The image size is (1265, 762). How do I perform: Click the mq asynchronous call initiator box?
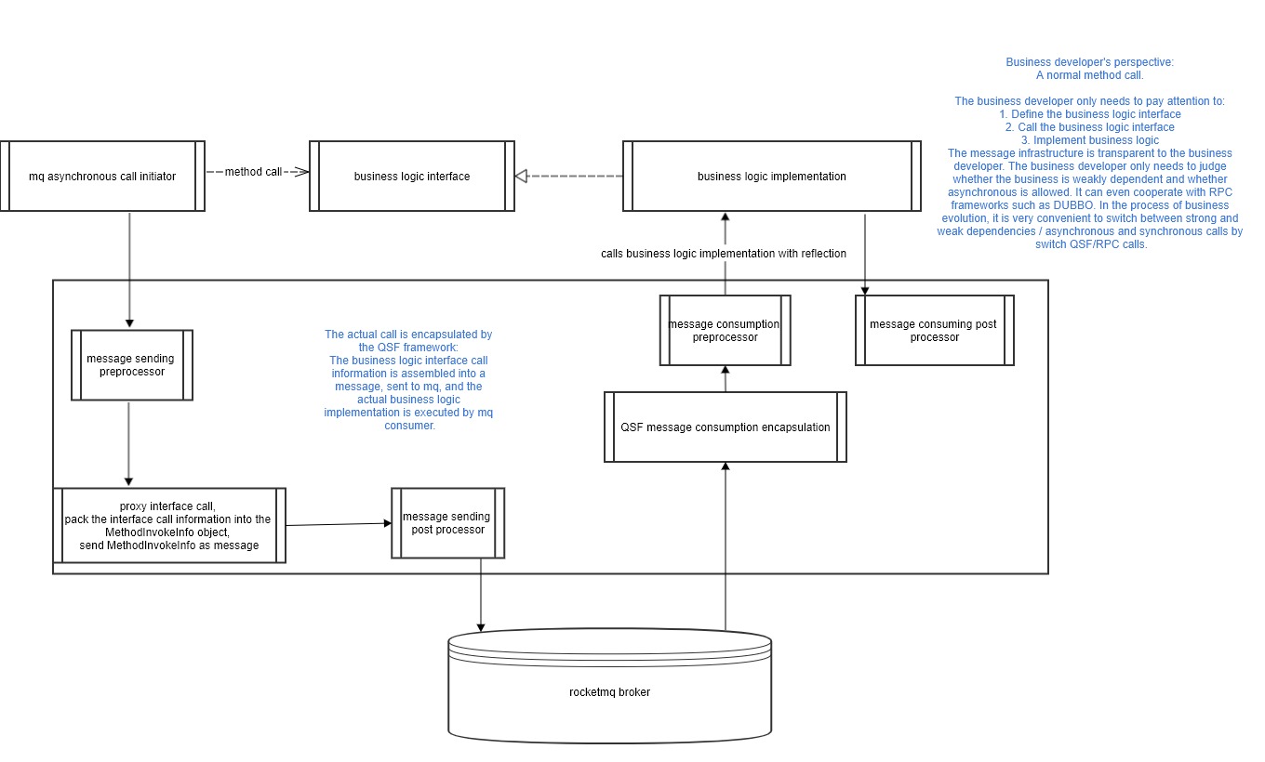coord(102,177)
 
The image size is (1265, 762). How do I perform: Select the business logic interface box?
coord(412,177)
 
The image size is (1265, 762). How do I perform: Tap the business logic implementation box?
coord(771,177)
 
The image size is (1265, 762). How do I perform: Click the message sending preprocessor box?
coord(131,365)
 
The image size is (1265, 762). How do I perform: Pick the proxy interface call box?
coord(168,526)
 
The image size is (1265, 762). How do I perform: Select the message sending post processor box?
coord(447,523)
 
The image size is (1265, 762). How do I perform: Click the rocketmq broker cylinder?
coord(609,691)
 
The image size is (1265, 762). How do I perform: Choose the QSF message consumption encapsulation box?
coord(725,427)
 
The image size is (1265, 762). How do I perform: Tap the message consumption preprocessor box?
coord(725,330)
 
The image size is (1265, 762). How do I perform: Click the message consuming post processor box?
coord(934,331)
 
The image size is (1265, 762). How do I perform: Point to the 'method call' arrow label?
coord(252,172)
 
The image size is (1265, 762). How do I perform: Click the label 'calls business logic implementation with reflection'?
coord(724,253)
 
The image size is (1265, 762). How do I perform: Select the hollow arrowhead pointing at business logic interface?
coord(522,176)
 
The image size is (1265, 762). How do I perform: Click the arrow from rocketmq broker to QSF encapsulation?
coord(725,548)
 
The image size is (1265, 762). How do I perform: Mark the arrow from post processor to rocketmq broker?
coord(481,595)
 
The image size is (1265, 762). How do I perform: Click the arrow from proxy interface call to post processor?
coord(338,525)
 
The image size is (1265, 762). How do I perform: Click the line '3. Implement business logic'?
coord(1089,139)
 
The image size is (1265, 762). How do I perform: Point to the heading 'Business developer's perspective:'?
coord(1089,62)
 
